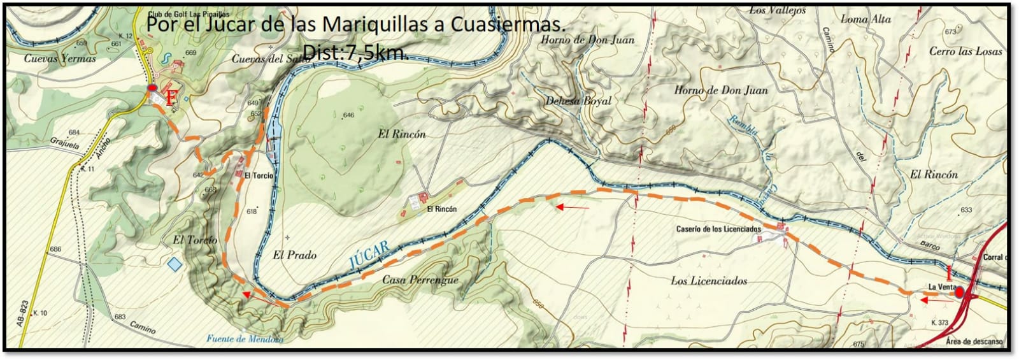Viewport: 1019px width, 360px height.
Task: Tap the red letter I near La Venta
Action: pos(950,273)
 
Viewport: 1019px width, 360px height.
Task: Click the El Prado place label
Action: pos(294,255)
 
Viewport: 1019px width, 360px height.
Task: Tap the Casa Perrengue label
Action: pos(420,280)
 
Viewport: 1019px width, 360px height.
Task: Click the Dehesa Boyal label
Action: pos(578,101)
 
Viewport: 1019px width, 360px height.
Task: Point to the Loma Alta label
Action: pos(866,20)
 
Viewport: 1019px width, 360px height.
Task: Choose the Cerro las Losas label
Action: pos(966,52)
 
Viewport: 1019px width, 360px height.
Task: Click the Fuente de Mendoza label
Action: pos(245,339)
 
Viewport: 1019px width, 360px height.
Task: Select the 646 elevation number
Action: pos(348,115)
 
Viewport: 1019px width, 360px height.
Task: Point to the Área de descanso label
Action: pos(974,342)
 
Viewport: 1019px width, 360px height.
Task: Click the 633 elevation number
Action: pos(966,210)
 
